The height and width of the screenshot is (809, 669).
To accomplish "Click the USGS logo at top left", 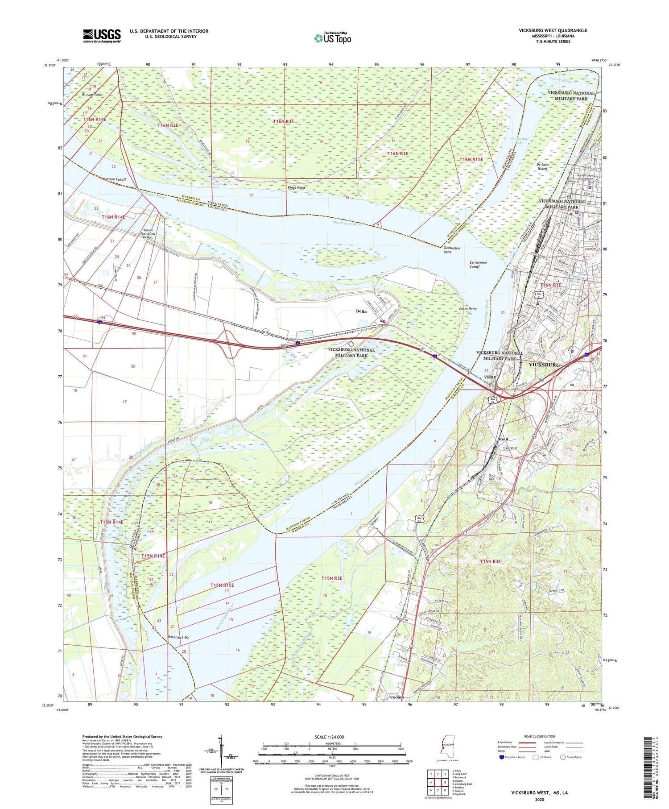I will (x=102, y=36).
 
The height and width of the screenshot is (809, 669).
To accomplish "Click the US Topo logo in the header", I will (x=333, y=38).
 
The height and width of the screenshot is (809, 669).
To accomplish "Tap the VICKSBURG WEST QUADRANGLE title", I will (x=553, y=30).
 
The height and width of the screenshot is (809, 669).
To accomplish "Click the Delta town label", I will (x=361, y=311).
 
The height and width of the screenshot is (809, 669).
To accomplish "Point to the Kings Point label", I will (x=296, y=188).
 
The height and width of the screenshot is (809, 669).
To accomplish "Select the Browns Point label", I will (x=92, y=95).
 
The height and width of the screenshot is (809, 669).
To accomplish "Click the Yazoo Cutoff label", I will (x=116, y=179).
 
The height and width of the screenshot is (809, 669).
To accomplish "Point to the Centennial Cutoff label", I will (x=478, y=265).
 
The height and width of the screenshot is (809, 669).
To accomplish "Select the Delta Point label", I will (x=468, y=309).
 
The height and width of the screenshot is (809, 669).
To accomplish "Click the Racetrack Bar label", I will (x=178, y=637).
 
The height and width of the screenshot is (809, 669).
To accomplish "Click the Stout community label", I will (x=503, y=439).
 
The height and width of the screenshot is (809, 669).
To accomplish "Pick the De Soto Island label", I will (x=542, y=166).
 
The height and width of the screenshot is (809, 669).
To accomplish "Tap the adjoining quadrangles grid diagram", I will (x=438, y=782).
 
